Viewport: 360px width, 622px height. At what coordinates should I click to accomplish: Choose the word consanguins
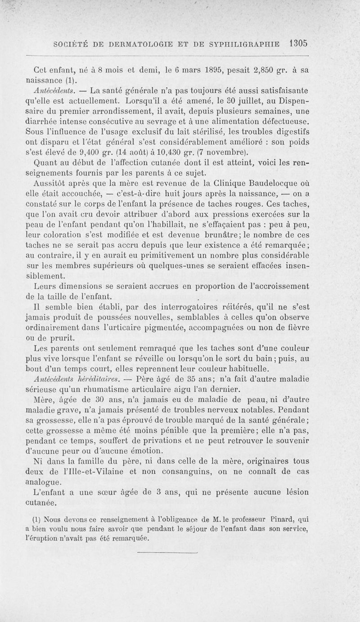[x=177, y=473]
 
